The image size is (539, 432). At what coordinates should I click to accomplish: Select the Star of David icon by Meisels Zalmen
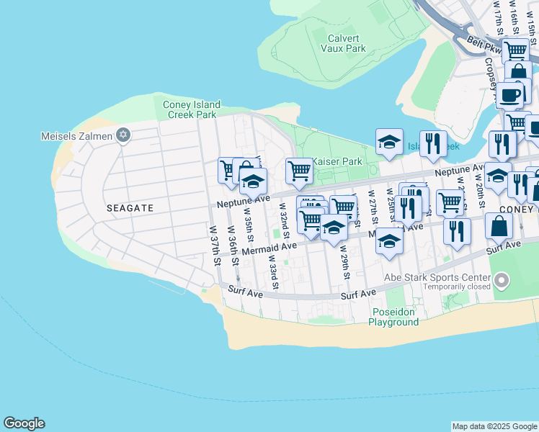click(x=122, y=135)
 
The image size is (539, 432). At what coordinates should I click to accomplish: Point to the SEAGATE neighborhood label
click(x=130, y=207)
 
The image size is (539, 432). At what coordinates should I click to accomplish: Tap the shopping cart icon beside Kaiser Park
click(x=299, y=171)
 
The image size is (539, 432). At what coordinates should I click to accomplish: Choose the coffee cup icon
click(x=509, y=95)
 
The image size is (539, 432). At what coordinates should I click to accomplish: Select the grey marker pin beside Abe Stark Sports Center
click(x=502, y=280)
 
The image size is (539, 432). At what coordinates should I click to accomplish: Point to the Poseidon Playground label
click(x=394, y=317)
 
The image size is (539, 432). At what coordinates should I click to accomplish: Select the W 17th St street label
click(x=497, y=18)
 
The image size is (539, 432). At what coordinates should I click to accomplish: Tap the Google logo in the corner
click(x=24, y=423)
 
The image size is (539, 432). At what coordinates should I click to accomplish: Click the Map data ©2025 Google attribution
click(x=494, y=426)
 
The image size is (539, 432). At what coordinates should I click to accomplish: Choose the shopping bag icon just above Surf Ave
click(x=499, y=226)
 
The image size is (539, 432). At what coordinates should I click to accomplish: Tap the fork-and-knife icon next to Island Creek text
click(x=433, y=143)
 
